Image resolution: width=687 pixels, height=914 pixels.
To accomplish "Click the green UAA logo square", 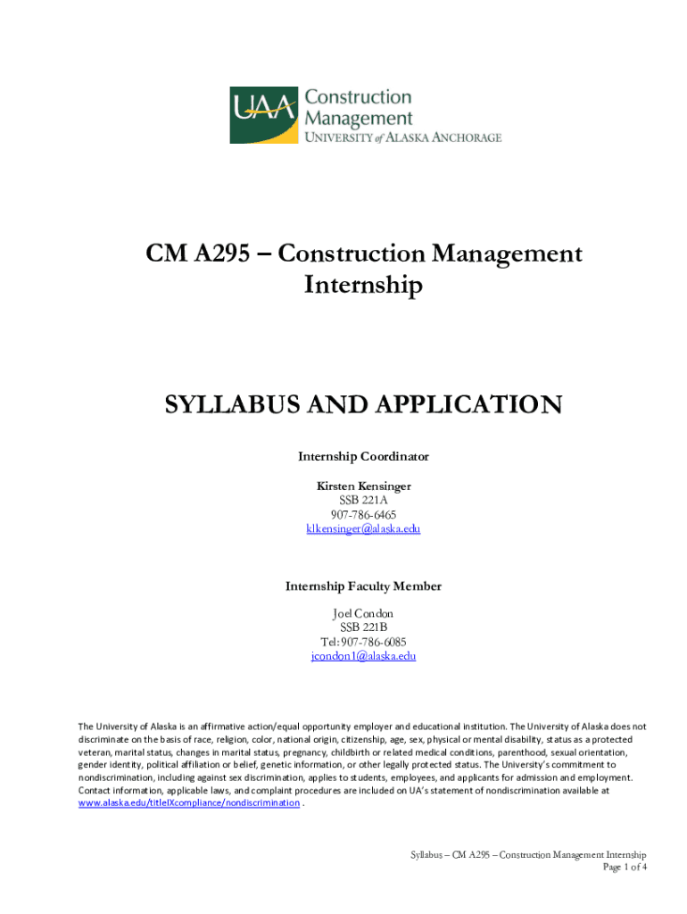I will (264, 114).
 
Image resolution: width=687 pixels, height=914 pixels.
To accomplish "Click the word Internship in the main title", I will (362, 286).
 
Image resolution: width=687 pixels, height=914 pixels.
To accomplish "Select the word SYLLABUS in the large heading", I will (233, 406).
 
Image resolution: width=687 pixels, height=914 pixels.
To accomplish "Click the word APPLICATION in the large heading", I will (458, 406).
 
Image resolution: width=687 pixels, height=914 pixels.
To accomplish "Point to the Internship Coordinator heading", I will (363, 456).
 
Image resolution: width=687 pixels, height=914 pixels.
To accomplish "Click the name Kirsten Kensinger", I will (363, 486).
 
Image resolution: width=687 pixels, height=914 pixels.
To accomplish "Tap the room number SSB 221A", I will (363, 501).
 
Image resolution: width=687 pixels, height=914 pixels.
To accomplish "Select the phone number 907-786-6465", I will (363, 515).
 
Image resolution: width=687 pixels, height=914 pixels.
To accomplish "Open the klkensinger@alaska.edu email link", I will (363, 529).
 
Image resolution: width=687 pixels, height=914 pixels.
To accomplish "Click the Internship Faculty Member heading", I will (363, 586).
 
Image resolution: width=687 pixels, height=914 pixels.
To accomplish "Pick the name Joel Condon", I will (363, 614).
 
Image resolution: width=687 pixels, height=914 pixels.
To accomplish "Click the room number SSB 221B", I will (363, 628).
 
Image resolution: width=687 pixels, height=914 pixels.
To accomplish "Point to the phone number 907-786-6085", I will (363, 643).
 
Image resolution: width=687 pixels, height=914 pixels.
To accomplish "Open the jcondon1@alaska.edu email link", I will (363, 657).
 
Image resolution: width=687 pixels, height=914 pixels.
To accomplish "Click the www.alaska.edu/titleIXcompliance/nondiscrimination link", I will (189, 803).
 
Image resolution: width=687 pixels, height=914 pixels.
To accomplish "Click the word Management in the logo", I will (359, 118).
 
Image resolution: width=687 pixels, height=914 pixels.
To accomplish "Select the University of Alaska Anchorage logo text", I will (403, 137).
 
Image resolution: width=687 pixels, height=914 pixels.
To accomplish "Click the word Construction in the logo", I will (359, 97).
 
